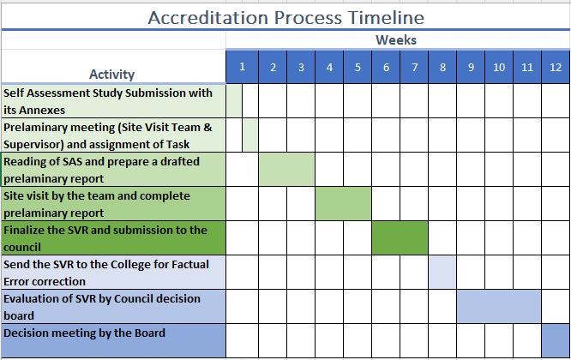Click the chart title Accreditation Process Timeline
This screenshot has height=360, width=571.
point(285,17)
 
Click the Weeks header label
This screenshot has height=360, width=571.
point(396,39)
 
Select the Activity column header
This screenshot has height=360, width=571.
point(111,75)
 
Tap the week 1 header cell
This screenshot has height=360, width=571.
point(242,67)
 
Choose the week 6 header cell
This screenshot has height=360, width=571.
point(386,67)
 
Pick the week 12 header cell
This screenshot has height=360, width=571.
point(556,67)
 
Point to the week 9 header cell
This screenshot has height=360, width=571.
point(471,67)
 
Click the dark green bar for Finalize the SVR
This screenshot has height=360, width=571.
point(400,237)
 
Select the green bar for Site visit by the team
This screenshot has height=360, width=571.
point(344,203)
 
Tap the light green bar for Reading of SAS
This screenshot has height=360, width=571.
point(286,169)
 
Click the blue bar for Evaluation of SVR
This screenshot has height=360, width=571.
point(499,307)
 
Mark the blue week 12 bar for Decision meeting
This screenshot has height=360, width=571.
point(556,340)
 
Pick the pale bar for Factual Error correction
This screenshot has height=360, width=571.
point(442,273)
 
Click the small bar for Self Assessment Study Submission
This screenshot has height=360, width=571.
point(234,101)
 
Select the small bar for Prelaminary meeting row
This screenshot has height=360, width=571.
point(250,135)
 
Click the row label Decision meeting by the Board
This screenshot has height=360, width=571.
point(85,333)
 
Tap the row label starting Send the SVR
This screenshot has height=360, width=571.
point(106,273)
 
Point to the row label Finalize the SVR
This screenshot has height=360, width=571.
point(105,238)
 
